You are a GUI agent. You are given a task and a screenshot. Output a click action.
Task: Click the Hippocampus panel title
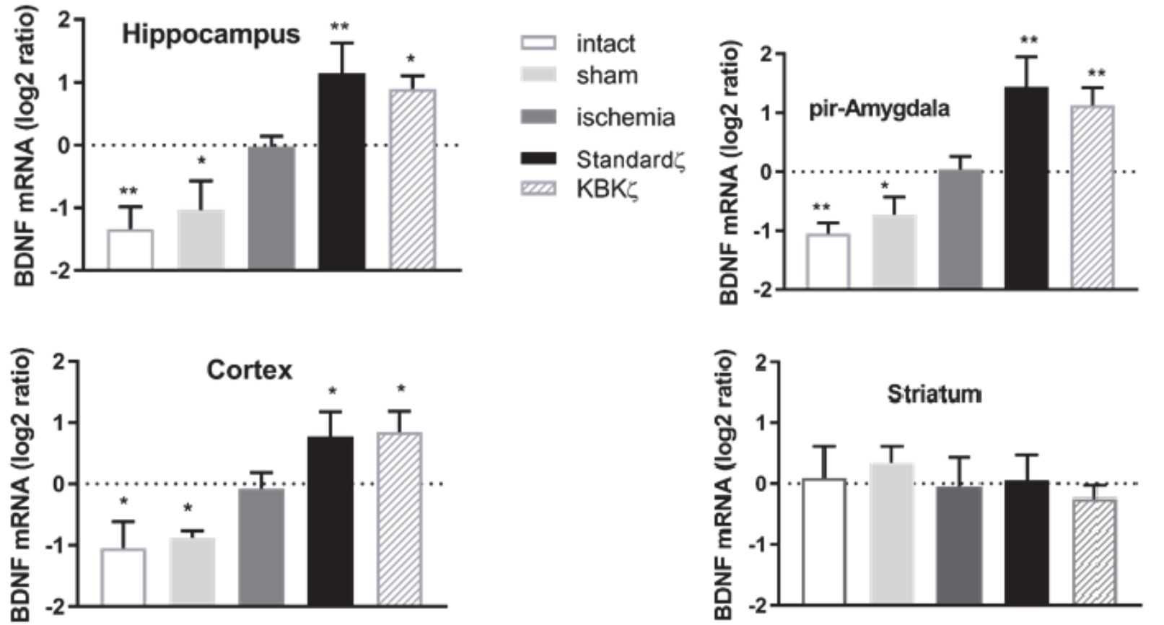point(211,35)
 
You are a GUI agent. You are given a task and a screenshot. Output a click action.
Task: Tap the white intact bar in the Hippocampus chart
point(131,249)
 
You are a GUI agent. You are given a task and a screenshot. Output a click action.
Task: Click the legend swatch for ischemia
point(538,117)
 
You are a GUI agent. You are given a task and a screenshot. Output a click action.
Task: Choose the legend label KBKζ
point(607,189)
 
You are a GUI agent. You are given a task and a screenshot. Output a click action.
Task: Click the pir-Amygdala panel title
point(879,110)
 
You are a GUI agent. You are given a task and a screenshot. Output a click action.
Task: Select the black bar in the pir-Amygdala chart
point(1026,188)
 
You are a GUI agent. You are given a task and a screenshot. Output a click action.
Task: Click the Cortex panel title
point(250,370)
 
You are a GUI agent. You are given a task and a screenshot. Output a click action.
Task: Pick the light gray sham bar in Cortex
point(192,570)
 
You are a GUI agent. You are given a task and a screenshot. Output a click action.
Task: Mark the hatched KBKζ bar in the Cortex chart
point(400,517)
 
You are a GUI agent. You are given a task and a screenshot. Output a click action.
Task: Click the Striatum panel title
point(934,394)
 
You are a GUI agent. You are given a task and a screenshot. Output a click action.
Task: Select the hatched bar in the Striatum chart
point(1094,550)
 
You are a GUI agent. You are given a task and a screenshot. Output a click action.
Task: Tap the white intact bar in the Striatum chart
point(824,541)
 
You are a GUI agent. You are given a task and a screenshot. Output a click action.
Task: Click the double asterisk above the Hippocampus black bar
point(340,27)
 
